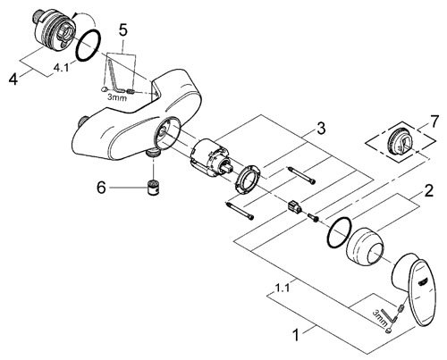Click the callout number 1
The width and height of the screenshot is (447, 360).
(296, 335)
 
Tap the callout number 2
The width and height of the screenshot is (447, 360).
(428, 190)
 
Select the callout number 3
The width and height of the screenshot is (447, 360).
(321, 129)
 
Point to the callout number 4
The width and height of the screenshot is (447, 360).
(13, 80)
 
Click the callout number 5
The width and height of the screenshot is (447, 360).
(122, 30)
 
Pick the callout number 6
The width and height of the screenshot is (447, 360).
(101, 188)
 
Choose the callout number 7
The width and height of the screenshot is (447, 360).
(434, 121)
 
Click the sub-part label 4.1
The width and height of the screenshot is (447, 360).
(61, 68)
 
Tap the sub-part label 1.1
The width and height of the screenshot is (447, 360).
(282, 288)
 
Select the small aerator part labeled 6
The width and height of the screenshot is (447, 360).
(154, 188)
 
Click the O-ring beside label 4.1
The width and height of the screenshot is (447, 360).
(89, 45)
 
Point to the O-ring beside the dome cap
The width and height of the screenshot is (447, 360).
(339, 232)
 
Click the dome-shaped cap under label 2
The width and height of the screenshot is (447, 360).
(365, 246)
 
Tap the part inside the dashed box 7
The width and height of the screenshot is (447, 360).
(401, 140)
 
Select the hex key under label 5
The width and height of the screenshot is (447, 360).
(114, 76)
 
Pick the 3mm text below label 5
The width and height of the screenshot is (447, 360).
(117, 97)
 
